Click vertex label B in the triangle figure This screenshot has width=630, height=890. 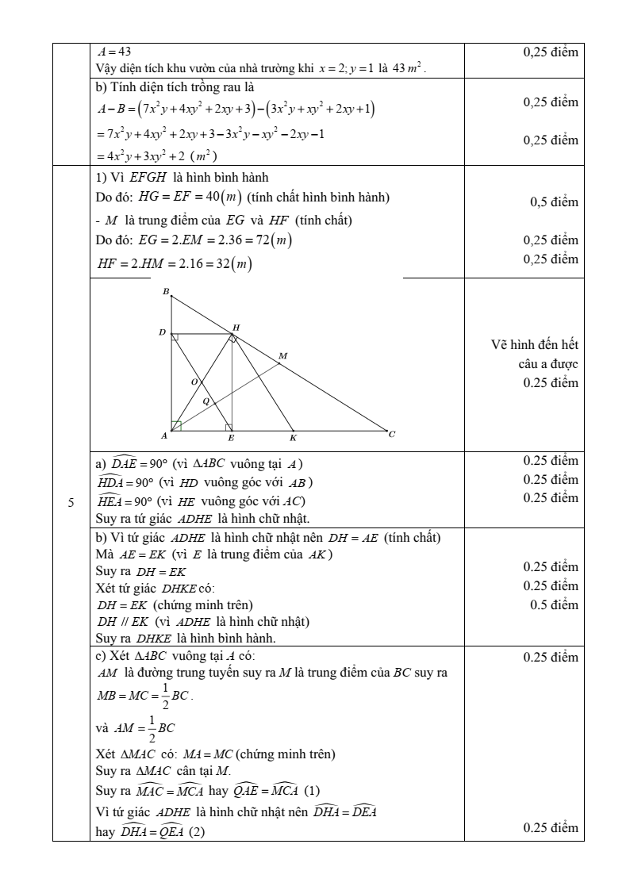pos(166,292)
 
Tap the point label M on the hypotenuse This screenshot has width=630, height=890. pos(282,356)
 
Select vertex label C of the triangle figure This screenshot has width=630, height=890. pos(391,433)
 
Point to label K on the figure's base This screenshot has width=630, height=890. pos(293,438)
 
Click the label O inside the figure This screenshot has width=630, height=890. pos(193,382)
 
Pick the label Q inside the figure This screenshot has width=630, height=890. pos(206,401)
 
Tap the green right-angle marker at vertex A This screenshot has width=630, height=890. pos(176,426)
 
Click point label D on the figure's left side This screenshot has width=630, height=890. pos(162,332)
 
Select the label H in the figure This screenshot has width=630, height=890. pos(236,328)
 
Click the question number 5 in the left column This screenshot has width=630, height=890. pos(71,502)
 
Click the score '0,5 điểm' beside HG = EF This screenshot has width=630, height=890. pos(554,202)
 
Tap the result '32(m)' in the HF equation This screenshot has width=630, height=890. pos(235,265)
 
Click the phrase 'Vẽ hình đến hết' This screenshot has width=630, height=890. pos(535,345)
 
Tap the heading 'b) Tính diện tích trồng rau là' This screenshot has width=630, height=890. pos(174,86)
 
